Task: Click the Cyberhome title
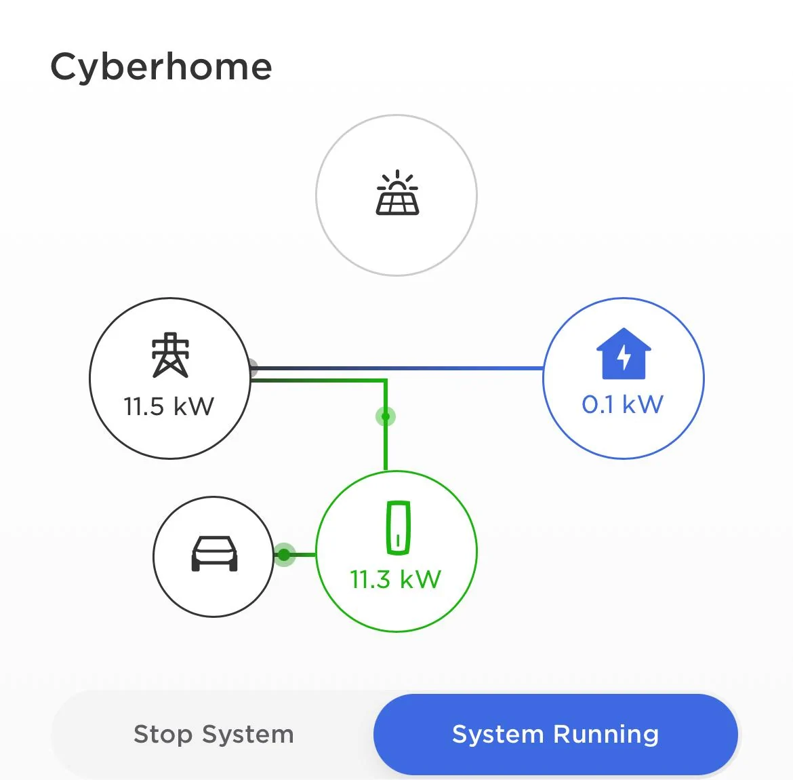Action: tap(161, 68)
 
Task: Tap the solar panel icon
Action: tap(397, 193)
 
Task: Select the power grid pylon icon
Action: tap(170, 355)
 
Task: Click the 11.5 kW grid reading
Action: tap(169, 406)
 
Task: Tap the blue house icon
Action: tap(624, 353)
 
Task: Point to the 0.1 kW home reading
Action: tap(623, 404)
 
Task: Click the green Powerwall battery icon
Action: tap(398, 528)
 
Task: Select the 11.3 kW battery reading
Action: tap(396, 579)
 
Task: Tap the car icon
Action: tap(214, 553)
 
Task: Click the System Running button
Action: tap(555, 735)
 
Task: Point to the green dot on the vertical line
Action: tap(386, 416)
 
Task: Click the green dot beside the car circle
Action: tap(284, 555)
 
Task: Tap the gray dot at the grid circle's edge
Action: tap(253, 368)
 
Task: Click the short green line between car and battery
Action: tap(300, 555)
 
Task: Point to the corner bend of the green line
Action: tap(386, 380)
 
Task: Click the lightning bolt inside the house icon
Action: tap(624, 357)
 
